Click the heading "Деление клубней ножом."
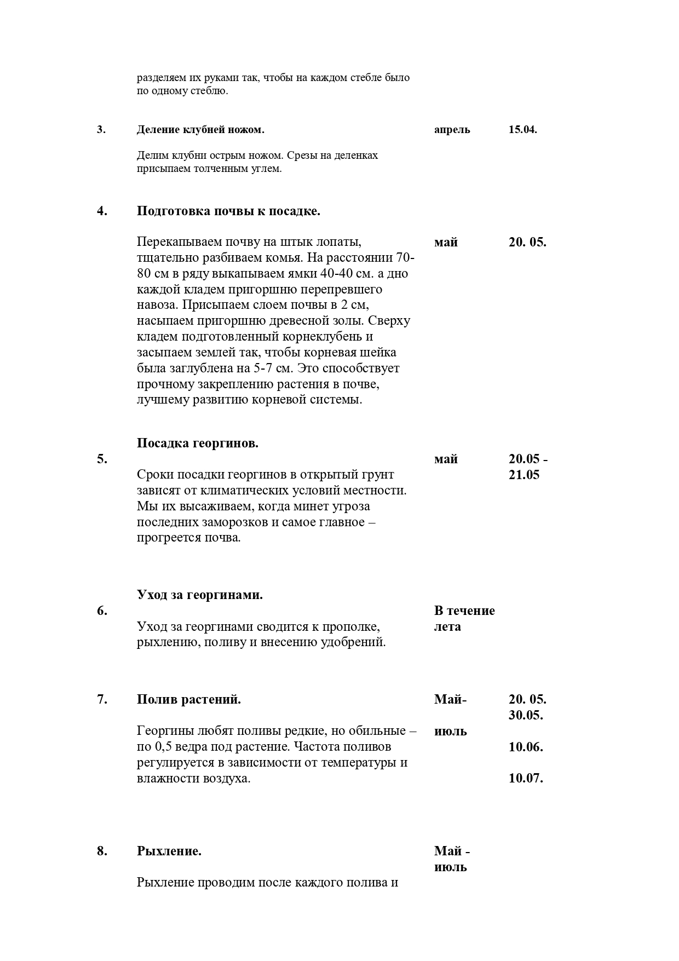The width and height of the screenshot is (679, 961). [x=200, y=130]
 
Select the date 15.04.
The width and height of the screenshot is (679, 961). [x=523, y=130]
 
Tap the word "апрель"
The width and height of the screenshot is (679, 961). [x=452, y=130]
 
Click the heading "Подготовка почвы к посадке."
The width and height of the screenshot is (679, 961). [x=228, y=211]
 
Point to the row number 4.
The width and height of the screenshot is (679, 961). [x=102, y=211]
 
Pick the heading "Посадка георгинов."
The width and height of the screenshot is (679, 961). [x=198, y=444]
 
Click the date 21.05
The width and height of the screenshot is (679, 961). [x=524, y=475]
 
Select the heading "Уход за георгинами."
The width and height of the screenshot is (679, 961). [x=200, y=595]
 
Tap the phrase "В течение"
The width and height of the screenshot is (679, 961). [x=464, y=611]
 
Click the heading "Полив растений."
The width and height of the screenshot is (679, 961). [x=189, y=700]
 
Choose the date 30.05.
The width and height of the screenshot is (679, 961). [x=526, y=716]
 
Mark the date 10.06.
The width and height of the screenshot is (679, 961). [x=526, y=747]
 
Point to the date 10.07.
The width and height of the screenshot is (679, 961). [x=526, y=778]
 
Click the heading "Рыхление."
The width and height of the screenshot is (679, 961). [x=169, y=851]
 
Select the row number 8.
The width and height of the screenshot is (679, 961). [x=102, y=851]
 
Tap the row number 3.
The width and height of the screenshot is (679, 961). [x=101, y=130]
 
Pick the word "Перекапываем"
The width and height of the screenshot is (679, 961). [x=176, y=242]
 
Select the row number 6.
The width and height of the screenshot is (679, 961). [x=102, y=611]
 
